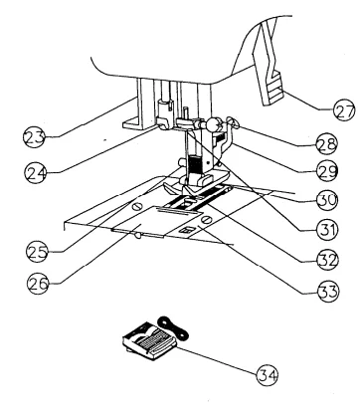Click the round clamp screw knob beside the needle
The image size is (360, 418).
point(212,126)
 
